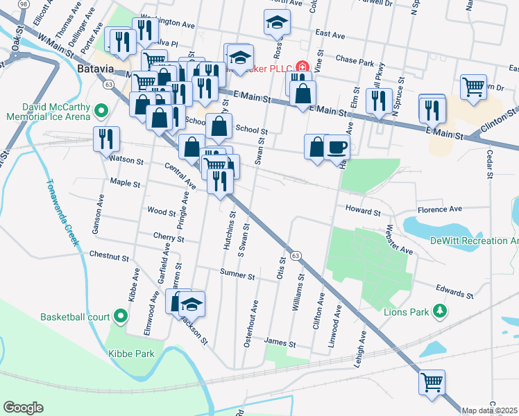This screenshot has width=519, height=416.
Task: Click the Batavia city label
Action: tap(95, 69)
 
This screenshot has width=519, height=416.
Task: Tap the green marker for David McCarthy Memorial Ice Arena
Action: tap(101, 110)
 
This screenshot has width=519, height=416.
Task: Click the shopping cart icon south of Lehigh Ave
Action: tap(432, 381)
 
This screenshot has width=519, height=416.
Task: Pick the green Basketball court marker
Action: tap(121, 317)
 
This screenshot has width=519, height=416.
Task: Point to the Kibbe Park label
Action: tap(130, 353)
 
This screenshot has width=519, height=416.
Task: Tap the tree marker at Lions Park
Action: tap(439, 311)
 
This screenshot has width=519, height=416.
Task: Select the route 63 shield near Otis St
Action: tap(296, 256)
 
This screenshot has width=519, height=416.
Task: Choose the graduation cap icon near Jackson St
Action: tap(192, 303)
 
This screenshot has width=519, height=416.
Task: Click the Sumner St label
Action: tap(237, 275)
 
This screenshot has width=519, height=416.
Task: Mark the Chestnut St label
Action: tap(109, 257)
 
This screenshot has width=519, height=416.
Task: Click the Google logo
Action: tap(23, 407)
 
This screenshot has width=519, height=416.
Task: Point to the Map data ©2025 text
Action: tap(490, 410)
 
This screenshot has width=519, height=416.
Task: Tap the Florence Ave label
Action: tap(439, 209)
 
